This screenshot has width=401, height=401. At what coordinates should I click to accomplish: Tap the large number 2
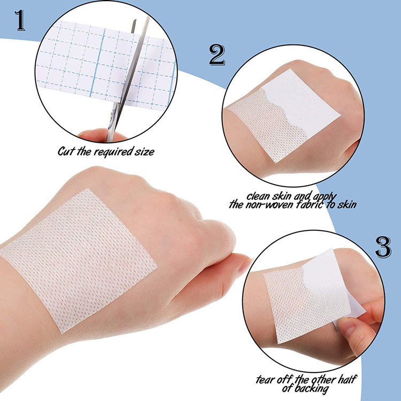point(217,55)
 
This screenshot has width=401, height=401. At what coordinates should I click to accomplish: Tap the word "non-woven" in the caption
point(271,204)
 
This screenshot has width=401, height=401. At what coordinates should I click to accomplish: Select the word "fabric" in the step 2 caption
point(306,204)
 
